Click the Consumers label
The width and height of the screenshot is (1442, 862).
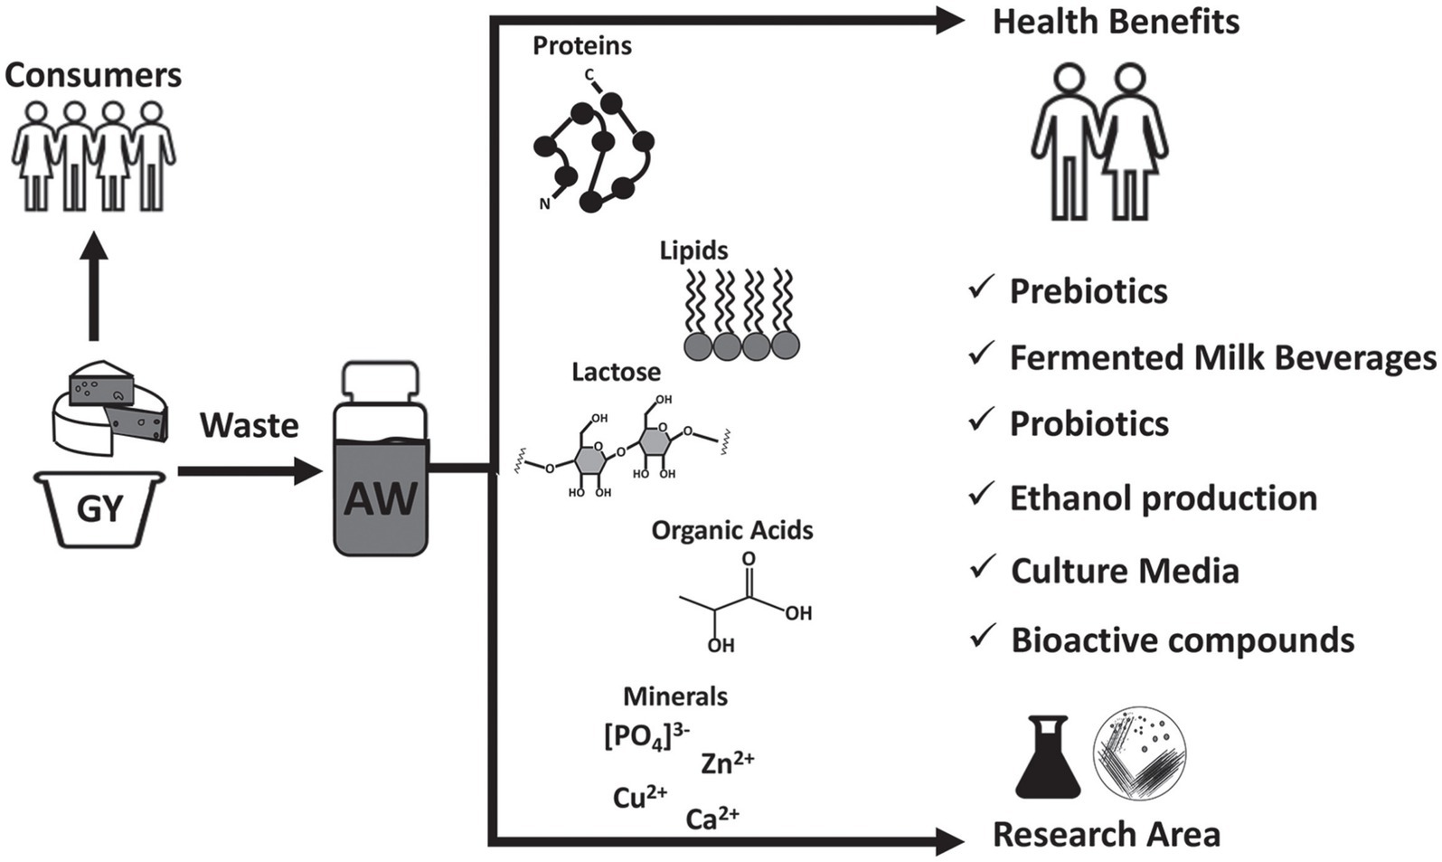pyautogui.click(x=93, y=75)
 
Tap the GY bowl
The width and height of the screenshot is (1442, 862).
pyautogui.click(x=99, y=508)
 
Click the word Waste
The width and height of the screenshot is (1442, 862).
pyautogui.click(x=250, y=425)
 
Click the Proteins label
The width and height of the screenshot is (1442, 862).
pyautogui.click(x=581, y=45)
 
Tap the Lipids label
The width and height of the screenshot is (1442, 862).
pyautogui.click(x=693, y=250)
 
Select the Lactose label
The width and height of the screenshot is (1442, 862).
pyautogui.click(x=616, y=372)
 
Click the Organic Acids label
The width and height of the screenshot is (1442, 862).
pyautogui.click(x=732, y=530)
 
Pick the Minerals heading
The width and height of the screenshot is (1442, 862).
pyautogui.click(x=675, y=696)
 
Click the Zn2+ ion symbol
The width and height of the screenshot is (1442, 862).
pyautogui.click(x=727, y=763)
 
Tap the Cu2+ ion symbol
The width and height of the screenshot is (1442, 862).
pyautogui.click(x=640, y=798)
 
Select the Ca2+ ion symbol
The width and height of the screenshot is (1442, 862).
pyautogui.click(x=712, y=819)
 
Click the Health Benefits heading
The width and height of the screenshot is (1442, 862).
pyautogui.click(x=1116, y=22)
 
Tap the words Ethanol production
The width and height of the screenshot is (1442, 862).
pyautogui.click(x=1163, y=498)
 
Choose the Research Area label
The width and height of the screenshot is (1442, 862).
pyautogui.click(x=1106, y=834)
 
